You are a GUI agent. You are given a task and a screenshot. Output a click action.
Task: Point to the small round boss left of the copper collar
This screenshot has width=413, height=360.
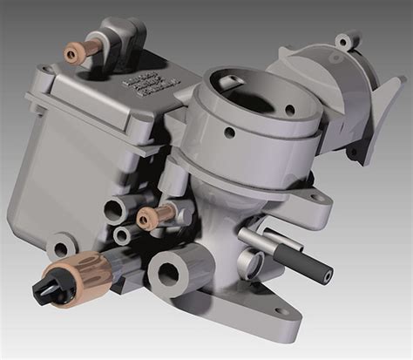(x=58, y=245)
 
